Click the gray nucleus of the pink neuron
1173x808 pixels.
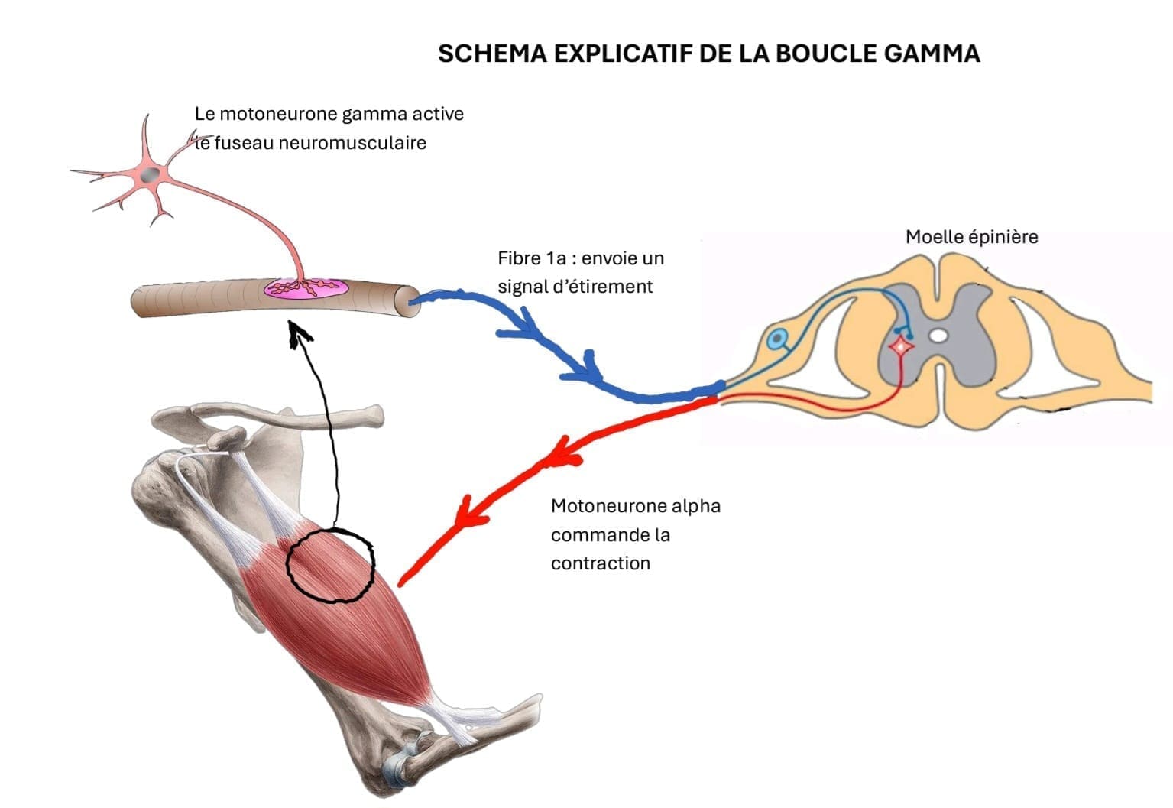coord(152,174)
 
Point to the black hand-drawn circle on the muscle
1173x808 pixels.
coord(330,564)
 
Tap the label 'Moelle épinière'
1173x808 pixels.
coord(971,237)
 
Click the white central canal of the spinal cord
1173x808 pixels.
coord(939,335)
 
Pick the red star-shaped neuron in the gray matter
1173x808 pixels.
coord(902,347)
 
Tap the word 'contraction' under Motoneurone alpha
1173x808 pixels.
coord(600,563)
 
